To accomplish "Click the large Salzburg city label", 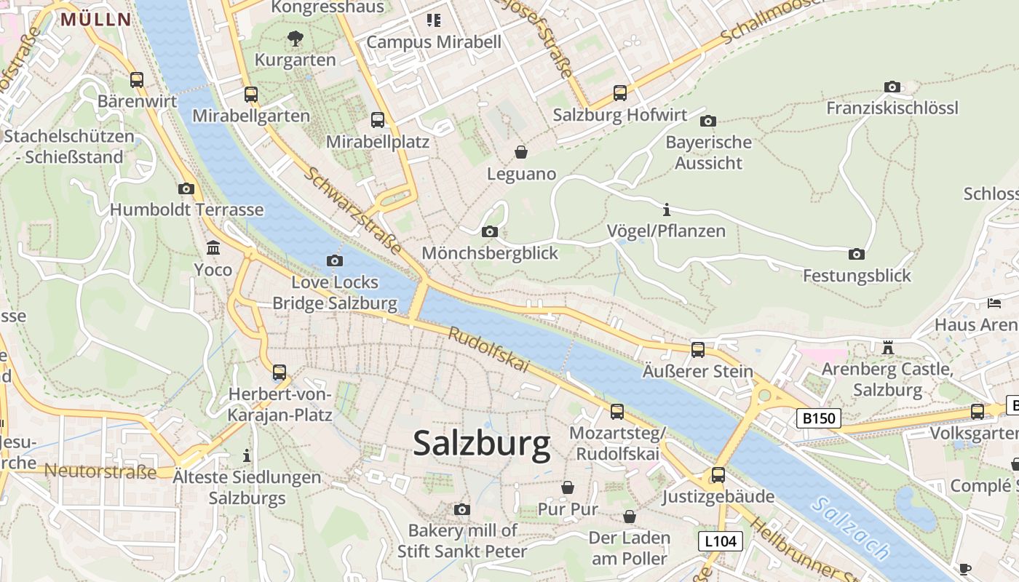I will [x=482, y=444].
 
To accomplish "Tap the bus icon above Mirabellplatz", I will [x=377, y=120].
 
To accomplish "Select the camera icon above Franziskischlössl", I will [x=892, y=87].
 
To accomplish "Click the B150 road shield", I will [x=819, y=418].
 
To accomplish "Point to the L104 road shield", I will [x=721, y=541].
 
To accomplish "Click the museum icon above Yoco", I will [x=213, y=248].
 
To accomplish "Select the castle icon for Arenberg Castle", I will [x=887, y=348].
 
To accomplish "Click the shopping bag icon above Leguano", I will [x=521, y=152].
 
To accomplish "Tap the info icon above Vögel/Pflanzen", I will [x=667, y=210].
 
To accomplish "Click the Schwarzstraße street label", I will [x=353, y=211].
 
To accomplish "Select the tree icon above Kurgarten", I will [x=295, y=38].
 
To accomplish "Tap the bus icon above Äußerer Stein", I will [x=697, y=350].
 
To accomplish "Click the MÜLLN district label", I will [x=95, y=20].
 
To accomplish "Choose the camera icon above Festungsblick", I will [x=857, y=254].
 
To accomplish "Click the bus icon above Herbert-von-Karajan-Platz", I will [x=279, y=372].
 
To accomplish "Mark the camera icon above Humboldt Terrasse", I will [x=186, y=188].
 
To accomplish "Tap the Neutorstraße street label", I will [x=100, y=471].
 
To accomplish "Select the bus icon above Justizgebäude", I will [x=718, y=475].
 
